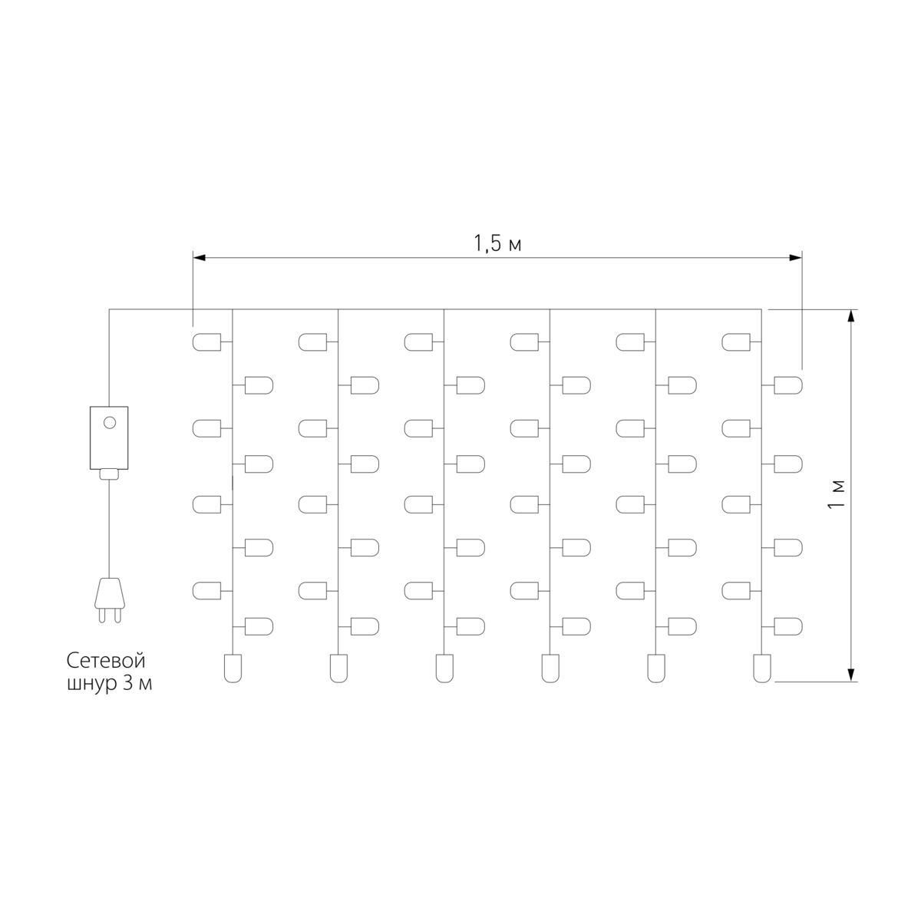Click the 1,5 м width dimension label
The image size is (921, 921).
[x=497, y=243]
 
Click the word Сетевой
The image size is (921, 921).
[x=106, y=662]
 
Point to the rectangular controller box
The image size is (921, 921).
[x=109, y=437]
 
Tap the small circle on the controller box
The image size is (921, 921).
[x=110, y=422]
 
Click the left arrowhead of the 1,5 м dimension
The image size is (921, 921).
[x=199, y=258]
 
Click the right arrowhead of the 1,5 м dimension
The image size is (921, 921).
[x=796, y=258]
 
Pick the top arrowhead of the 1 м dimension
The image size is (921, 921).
[x=850, y=316]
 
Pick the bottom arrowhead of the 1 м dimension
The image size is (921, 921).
[x=850, y=675]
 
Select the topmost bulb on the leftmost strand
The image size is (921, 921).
[x=207, y=342]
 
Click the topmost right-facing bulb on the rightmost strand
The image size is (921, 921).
[x=788, y=385]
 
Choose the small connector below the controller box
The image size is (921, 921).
[x=110, y=474]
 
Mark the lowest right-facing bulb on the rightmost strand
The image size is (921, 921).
[x=788, y=626]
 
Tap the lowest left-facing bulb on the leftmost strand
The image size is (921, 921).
[x=207, y=591]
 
